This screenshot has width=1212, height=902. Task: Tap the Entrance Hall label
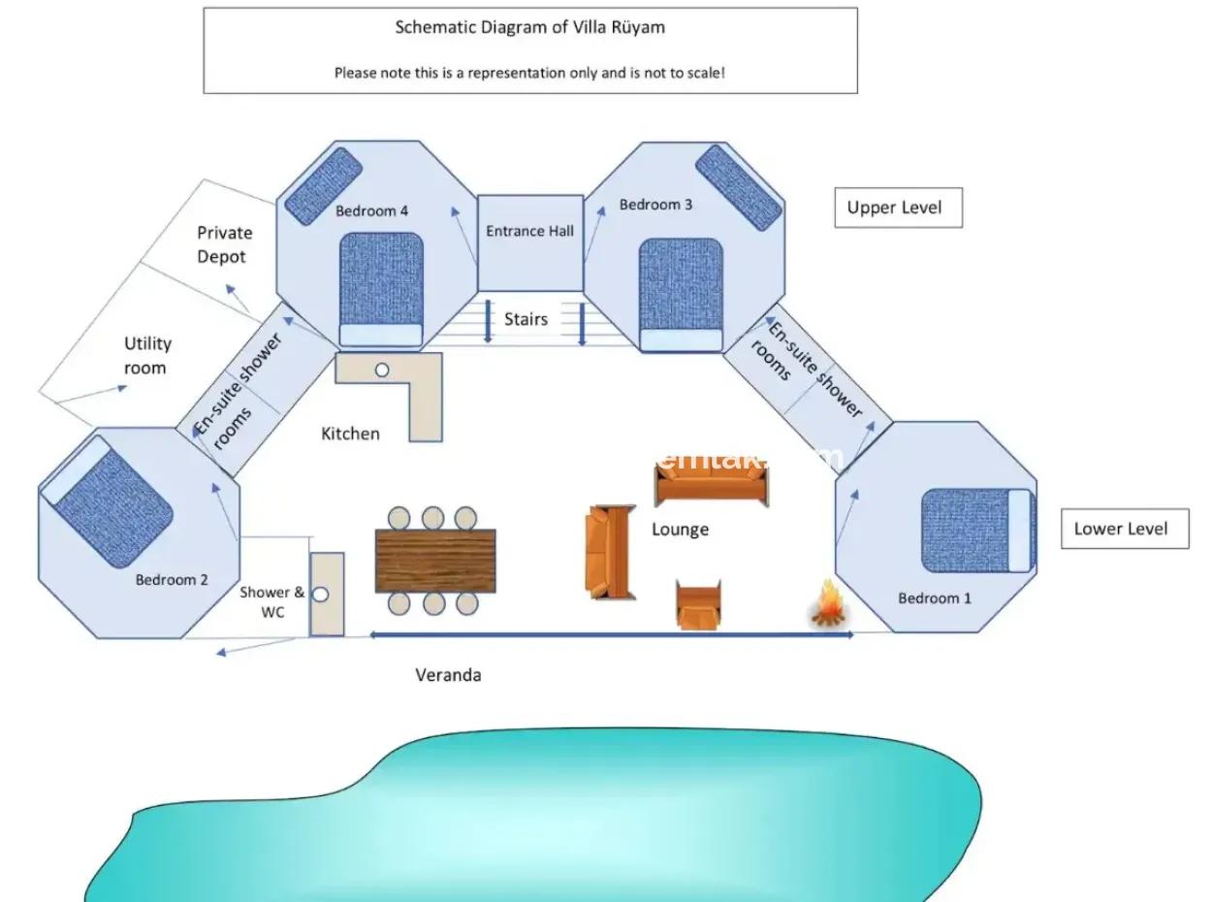[529, 232]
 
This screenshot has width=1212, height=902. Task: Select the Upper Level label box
[898, 208]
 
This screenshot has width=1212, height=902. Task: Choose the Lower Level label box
[1124, 529]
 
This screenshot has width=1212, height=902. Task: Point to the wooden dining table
[435, 561]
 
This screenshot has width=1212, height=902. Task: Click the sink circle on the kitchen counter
[382, 370]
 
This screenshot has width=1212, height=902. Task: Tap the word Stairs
[526, 319]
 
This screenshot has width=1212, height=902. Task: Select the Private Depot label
[224, 244]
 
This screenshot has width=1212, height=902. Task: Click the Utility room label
[147, 355]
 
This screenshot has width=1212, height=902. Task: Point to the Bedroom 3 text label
[655, 205]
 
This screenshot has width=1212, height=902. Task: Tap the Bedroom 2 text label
[172, 580]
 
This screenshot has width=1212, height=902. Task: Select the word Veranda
[448, 675]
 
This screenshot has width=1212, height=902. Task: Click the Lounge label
[680, 530]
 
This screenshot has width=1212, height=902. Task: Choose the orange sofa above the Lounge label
[713, 483]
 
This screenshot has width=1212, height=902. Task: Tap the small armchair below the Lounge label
[698, 604]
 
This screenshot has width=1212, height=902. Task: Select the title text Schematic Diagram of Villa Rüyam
[529, 27]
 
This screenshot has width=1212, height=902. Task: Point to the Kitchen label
[350, 434]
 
